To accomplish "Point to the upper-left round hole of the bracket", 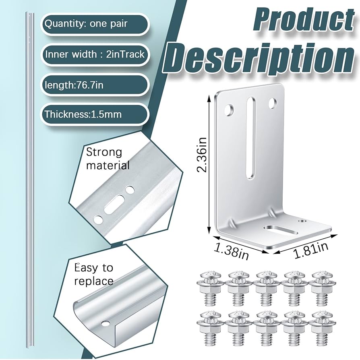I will (229, 109).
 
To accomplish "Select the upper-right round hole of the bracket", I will (273, 103).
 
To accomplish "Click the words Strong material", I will (108, 158).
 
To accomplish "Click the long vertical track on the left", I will (29, 181).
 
